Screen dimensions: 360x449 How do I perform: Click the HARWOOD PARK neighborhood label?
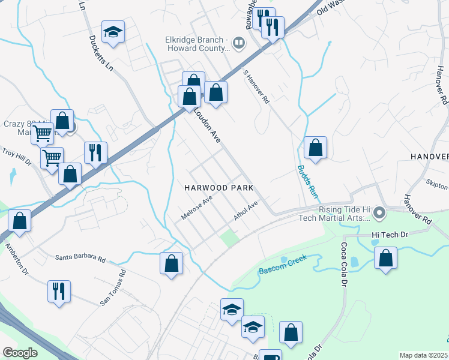[x=219, y=187]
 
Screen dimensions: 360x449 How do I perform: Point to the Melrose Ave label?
[x=196, y=207]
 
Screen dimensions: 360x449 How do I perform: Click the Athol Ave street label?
[x=246, y=212]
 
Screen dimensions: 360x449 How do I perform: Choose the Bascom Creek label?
[x=283, y=264]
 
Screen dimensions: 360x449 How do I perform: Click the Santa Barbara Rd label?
[x=80, y=259]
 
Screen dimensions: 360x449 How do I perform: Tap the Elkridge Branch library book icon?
[x=238, y=43]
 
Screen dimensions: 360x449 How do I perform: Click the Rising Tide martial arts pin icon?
[x=379, y=213]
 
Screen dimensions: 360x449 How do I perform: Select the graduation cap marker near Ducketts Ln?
[x=112, y=32]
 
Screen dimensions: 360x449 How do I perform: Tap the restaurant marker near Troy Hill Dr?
[x=95, y=152]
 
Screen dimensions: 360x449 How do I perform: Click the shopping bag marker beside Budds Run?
[x=315, y=147]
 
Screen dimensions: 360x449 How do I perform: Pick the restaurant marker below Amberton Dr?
[x=59, y=292]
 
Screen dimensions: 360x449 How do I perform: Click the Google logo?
[x=20, y=353]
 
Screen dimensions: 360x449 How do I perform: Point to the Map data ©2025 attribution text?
[x=424, y=355]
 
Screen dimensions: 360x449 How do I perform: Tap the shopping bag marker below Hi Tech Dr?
[x=385, y=258]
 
